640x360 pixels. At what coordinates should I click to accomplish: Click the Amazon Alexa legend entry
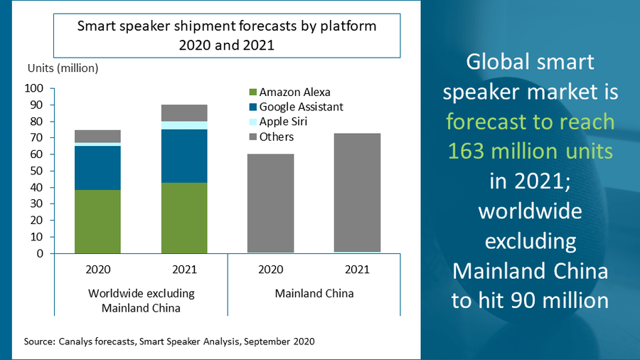click(289, 92)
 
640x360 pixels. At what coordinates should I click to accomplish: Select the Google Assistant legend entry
click(296, 107)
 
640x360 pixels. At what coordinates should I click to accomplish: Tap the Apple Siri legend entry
click(278, 122)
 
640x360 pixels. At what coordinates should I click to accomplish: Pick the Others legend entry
click(271, 137)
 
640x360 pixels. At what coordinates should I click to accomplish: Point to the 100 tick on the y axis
click(34, 88)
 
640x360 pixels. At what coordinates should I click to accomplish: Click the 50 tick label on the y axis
click(36, 171)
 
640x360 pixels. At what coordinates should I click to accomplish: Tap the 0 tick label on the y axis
click(40, 253)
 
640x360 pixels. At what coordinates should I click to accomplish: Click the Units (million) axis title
click(63, 68)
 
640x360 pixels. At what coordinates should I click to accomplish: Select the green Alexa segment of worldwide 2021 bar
click(184, 218)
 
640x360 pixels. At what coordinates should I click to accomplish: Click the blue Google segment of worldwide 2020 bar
click(97, 168)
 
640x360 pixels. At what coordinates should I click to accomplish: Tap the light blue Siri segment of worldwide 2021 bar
click(184, 125)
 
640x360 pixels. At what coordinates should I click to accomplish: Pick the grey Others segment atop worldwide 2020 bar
click(97, 137)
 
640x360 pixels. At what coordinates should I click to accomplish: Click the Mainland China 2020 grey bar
click(271, 203)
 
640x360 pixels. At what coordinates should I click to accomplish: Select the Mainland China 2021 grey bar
click(357, 193)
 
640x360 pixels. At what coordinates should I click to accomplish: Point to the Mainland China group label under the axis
click(314, 293)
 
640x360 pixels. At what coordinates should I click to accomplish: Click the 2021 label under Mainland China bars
click(357, 270)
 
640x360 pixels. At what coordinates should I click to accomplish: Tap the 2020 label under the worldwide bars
click(98, 270)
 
